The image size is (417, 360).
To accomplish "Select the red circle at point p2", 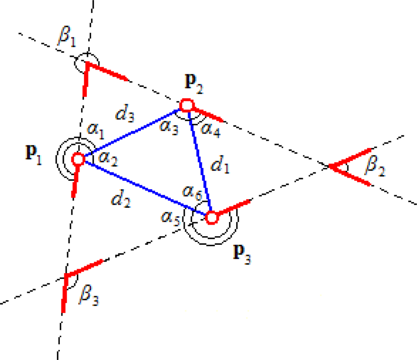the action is tap(186, 105).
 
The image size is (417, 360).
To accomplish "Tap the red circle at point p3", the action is tap(212, 217).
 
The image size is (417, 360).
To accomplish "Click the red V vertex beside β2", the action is tap(330, 166).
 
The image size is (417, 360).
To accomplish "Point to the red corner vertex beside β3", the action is tap(66, 275).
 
